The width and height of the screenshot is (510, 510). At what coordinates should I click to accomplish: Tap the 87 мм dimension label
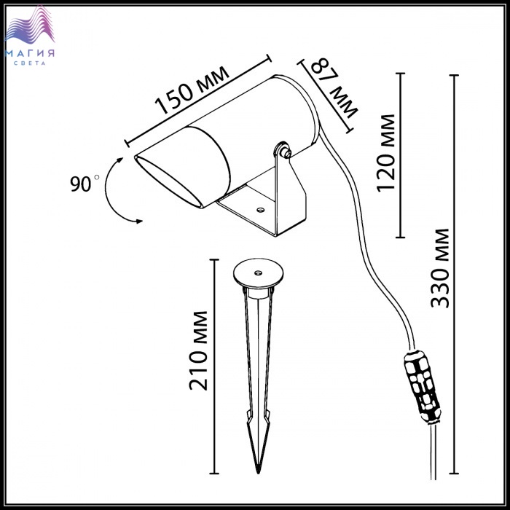pos(334,87)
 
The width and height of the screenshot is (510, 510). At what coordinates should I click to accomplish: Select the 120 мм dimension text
pos(386,153)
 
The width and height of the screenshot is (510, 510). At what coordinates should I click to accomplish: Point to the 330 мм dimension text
pos(440,268)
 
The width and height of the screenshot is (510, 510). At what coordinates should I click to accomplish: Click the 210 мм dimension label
pos(198,350)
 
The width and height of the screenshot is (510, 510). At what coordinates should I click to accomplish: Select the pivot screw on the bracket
pos(286,152)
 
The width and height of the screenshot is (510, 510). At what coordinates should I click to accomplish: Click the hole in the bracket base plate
pos(260,210)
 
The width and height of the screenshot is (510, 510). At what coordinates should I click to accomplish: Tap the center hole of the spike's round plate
pos(258,272)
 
